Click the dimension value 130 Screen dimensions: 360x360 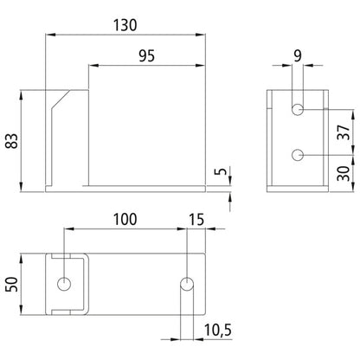coord(127,25)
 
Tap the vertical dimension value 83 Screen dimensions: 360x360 coord(11,140)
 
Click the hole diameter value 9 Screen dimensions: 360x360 coord(298,56)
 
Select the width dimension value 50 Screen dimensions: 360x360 coord(11,284)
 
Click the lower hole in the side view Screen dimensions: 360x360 coord(298,155)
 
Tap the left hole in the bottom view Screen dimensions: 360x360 coord(66,284)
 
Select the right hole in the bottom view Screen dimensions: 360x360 coord(185,284)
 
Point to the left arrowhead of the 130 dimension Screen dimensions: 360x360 coord(48,35)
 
